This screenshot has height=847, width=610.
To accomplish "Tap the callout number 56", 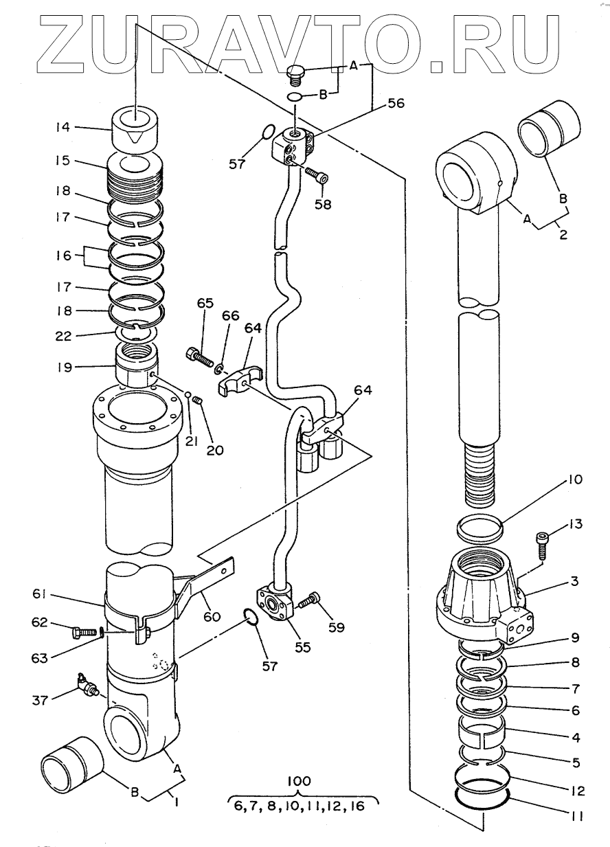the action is click(396, 103).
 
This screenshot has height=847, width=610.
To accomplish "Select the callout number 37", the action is click(40, 700).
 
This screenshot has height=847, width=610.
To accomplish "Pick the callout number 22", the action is click(63, 336).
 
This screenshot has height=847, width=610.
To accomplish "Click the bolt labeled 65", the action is click(199, 356).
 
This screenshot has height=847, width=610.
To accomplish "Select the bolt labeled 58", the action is click(317, 176).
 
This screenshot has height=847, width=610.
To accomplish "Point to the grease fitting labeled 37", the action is click(89, 684).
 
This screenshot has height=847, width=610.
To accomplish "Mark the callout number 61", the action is click(39, 594).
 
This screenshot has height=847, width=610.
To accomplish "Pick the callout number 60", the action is click(212, 617).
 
